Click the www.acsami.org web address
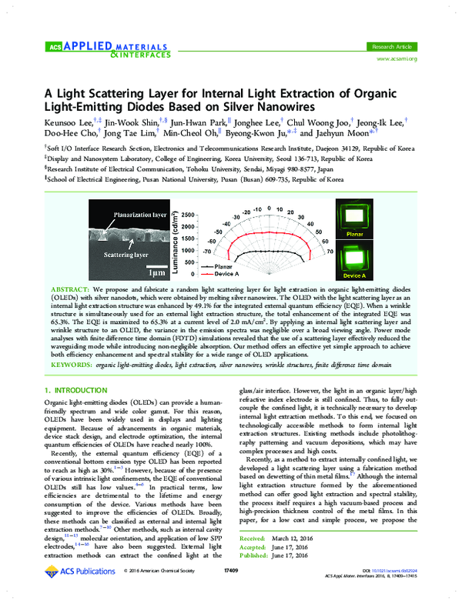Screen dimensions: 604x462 click(396, 36)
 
